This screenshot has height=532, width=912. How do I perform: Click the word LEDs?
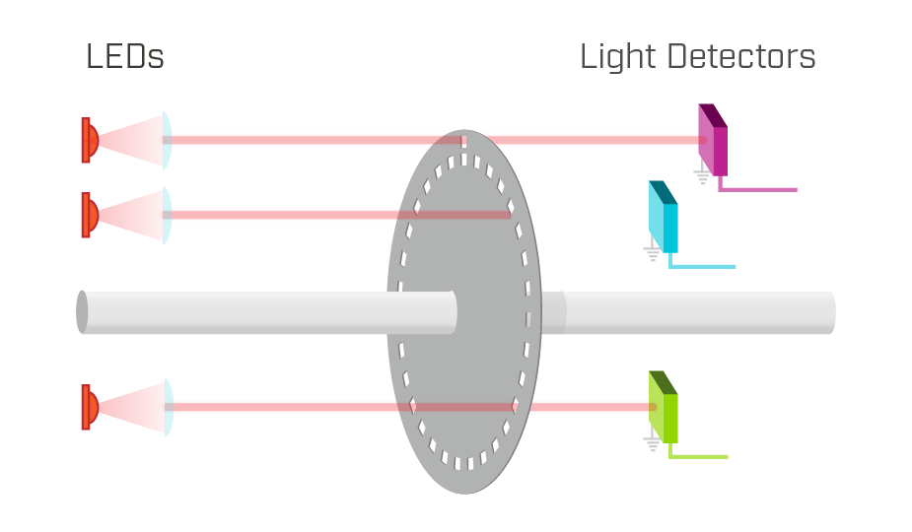pyautogui.click(x=125, y=56)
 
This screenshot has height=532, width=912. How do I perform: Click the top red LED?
pyautogui.click(x=90, y=140)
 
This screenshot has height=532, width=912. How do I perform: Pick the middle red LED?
pyautogui.click(x=90, y=215)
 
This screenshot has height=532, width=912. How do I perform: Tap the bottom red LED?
pyautogui.click(x=90, y=407)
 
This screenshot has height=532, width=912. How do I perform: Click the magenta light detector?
pyautogui.click(x=713, y=140)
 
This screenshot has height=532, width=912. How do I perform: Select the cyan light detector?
pyautogui.click(x=664, y=217)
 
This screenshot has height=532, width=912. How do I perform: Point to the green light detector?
pyautogui.click(x=664, y=407)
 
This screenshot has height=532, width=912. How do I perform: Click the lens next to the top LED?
pyautogui.click(x=167, y=140)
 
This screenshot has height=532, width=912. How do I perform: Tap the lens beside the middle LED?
pyautogui.click(x=167, y=215)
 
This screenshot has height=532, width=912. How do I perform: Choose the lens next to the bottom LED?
pyautogui.click(x=169, y=407)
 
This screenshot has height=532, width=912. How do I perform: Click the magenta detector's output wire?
pyautogui.click(x=756, y=188)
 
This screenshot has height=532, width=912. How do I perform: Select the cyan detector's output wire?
pyautogui.click(x=701, y=265)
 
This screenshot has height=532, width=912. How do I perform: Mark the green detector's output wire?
pyautogui.click(x=697, y=455)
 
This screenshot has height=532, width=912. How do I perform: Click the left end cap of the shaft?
pyautogui.click(x=82, y=312)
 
